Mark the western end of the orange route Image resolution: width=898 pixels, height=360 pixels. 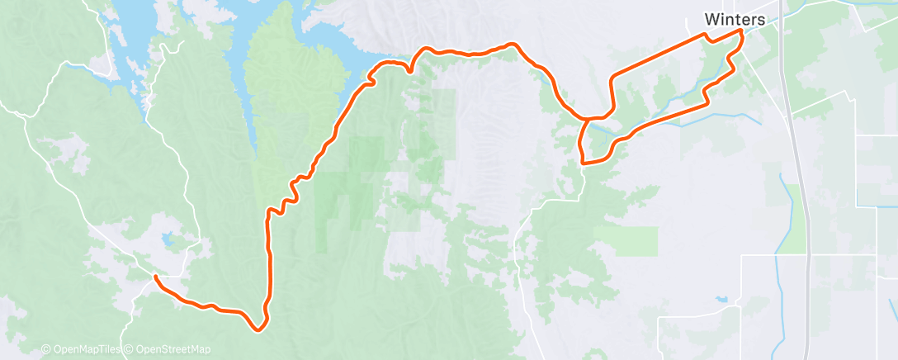[155, 279]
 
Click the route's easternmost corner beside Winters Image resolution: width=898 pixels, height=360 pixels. [742, 31]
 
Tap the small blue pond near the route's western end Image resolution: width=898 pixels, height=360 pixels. [169, 241]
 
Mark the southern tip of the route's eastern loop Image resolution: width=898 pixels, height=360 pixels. [584, 163]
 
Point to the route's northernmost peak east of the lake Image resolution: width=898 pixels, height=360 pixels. [513, 43]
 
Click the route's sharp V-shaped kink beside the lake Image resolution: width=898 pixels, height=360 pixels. [410, 70]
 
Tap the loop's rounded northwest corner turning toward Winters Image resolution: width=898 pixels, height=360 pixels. [613, 78]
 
